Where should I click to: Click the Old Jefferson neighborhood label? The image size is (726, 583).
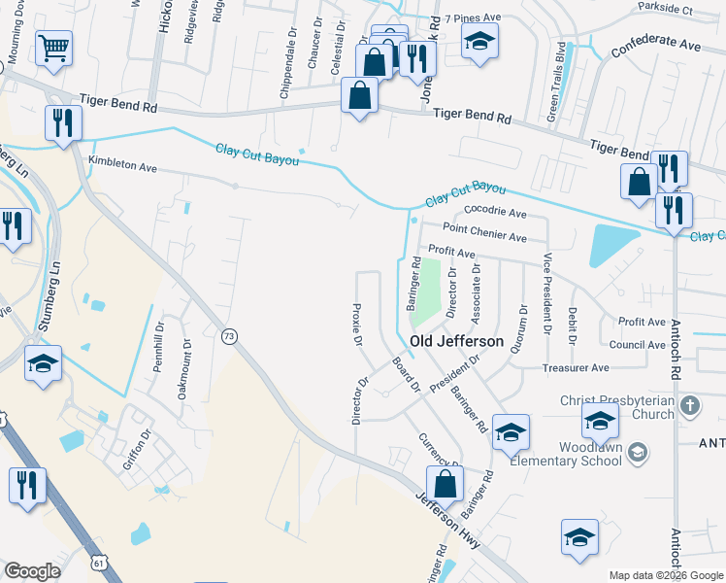[456, 342]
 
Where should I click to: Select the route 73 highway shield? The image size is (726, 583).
[229, 335]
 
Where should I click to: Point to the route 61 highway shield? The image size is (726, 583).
[97, 562]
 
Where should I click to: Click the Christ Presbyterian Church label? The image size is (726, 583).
[616, 407]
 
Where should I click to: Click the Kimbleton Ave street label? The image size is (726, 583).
[122, 166]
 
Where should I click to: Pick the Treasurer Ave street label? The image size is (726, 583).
[576, 368]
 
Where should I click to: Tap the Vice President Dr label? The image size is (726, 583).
[547, 294]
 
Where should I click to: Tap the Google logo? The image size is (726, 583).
[33, 571]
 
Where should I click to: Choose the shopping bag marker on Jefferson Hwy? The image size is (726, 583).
[445, 483]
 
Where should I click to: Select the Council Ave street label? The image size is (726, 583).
[638, 345]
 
